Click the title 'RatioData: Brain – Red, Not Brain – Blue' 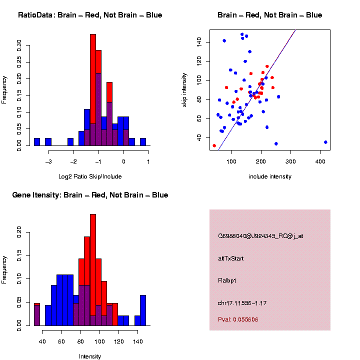point(90,15)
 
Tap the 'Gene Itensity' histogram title point(90,194)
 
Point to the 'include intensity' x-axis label point(270,176)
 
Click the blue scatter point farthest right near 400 point(325,142)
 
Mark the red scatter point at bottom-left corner point(214,146)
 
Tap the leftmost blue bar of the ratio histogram point(37,142)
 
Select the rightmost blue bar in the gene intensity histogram point(143,310)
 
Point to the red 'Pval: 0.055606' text point(238,319)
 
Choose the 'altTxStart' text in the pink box point(231,258)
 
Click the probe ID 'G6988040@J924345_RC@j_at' point(260,236)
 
